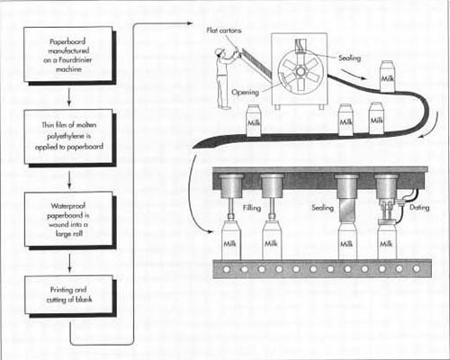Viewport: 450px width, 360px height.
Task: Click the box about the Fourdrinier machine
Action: [x=68, y=55]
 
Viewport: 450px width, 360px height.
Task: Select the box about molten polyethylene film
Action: [x=68, y=137]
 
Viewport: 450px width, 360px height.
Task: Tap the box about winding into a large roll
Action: [x=68, y=220]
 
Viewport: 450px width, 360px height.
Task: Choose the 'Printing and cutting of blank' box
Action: [x=69, y=295]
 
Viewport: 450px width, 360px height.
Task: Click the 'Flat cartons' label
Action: [x=224, y=31]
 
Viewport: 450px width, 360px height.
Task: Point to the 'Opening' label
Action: [x=245, y=92]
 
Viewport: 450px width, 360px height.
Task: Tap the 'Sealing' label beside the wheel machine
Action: [x=349, y=58]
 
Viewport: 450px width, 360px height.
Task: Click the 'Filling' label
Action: [x=252, y=208]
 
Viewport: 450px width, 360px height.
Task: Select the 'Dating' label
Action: [x=419, y=207]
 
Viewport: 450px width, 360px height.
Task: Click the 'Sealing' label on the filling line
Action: [x=322, y=208]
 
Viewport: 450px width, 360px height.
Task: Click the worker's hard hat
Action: [x=220, y=51]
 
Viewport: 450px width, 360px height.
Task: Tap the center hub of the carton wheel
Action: [x=301, y=72]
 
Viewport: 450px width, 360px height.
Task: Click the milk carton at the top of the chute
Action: [x=387, y=76]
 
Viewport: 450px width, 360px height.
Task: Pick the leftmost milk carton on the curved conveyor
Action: [x=254, y=121]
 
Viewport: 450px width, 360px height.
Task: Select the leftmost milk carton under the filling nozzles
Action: [x=230, y=242]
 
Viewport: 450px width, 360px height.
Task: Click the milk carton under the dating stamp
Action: [x=387, y=242]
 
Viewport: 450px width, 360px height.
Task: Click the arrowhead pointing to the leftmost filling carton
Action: [x=211, y=231]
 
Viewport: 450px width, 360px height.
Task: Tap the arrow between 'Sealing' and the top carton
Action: [x=354, y=75]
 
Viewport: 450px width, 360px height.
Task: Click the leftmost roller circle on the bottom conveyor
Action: [x=227, y=269]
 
